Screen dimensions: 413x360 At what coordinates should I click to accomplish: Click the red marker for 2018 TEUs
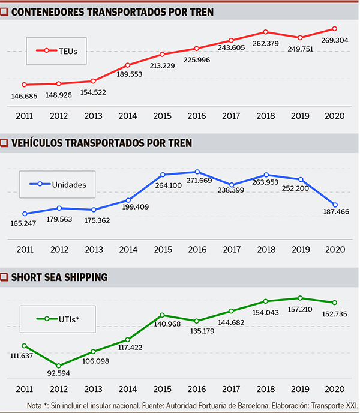point(265,32)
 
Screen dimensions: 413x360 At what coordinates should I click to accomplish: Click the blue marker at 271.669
point(197,172)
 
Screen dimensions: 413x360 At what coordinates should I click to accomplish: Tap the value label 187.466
point(335,212)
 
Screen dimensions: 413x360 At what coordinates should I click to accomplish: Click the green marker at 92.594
point(59,366)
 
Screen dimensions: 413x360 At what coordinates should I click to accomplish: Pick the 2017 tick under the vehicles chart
point(231,249)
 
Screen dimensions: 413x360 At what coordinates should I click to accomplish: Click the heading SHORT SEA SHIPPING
point(60,277)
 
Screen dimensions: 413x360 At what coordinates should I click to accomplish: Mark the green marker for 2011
point(25,346)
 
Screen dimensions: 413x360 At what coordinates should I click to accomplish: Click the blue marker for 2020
point(335,205)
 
